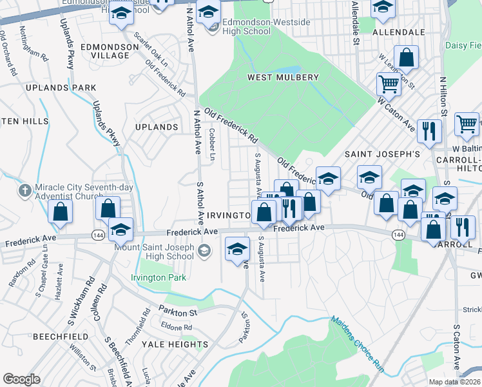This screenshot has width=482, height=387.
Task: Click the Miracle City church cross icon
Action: (x=24, y=191)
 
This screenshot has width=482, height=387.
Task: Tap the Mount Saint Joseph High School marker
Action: (x=205, y=250)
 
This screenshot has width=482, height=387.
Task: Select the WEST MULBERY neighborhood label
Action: (x=284, y=77)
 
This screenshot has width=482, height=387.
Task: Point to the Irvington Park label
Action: (x=159, y=277)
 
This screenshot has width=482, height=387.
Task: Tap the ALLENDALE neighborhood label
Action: (x=399, y=32)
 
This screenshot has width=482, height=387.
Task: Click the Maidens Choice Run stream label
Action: (x=358, y=344)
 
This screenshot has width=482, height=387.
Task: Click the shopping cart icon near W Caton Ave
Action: (x=389, y=83)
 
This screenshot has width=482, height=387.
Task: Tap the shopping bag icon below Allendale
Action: (x=407, y=57)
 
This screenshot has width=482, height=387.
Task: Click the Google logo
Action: (x=21, y=379)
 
